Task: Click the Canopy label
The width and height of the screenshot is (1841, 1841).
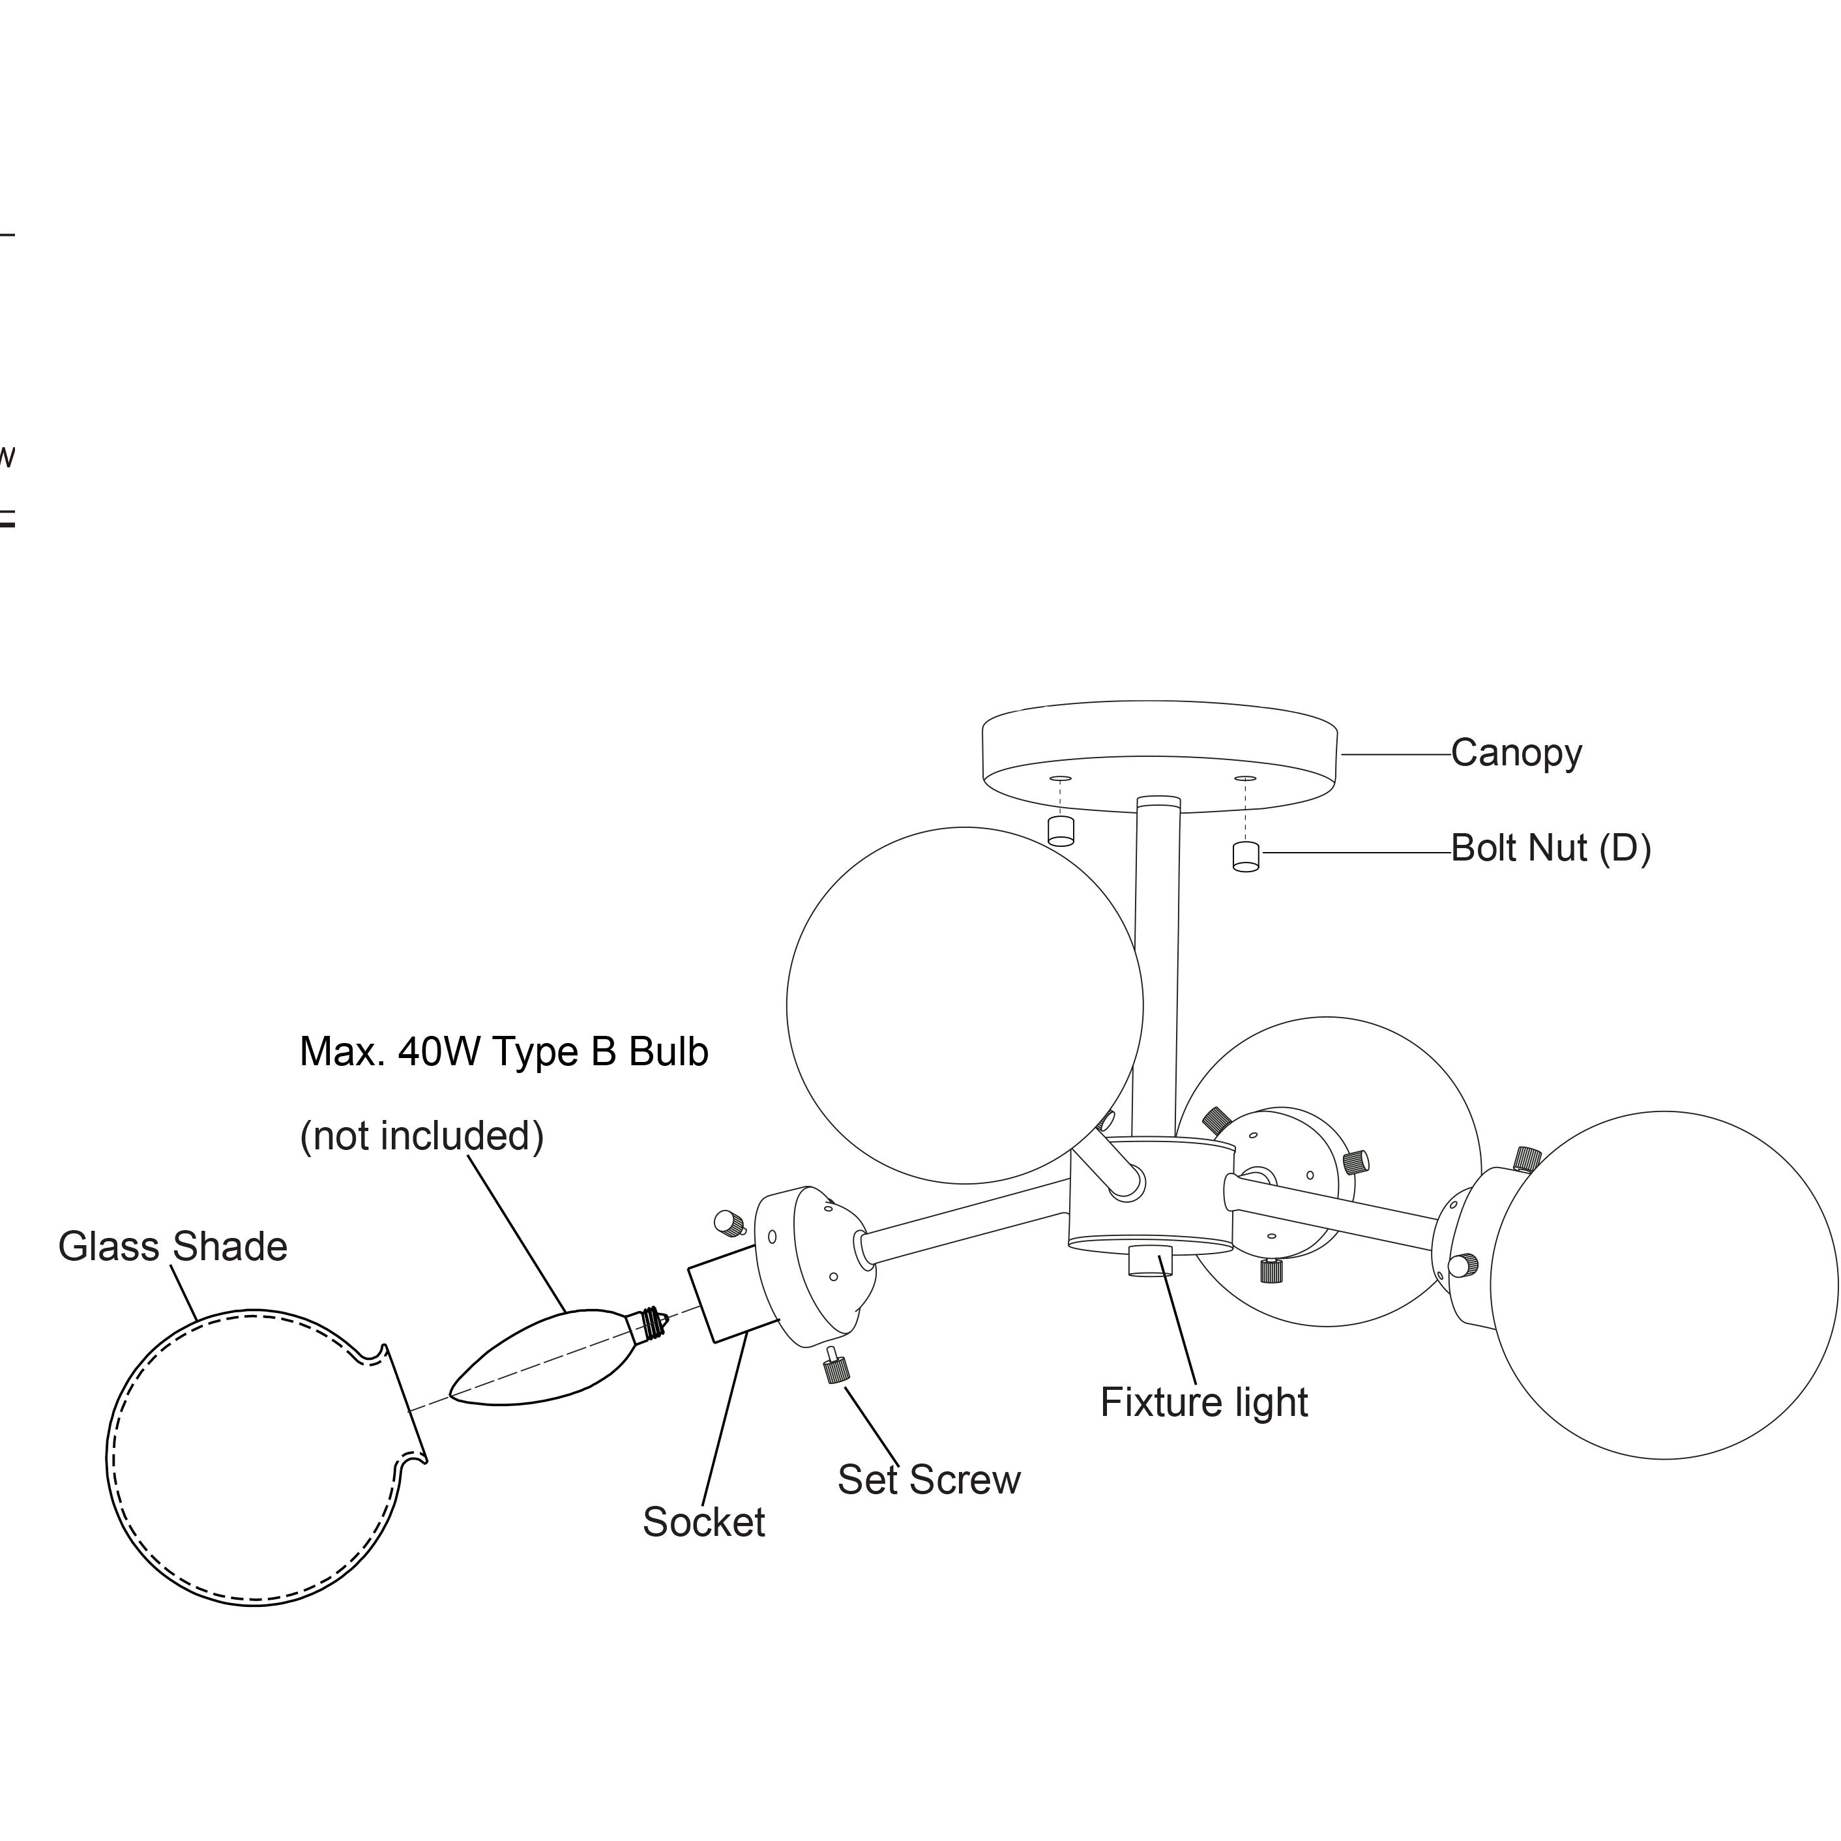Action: pyautogui.click(x=1516, y=754)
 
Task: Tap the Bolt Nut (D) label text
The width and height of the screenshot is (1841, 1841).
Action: pyautogui.click(x=1550, y=848)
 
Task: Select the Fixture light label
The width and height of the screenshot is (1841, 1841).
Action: pyautogui.click(x=1203, y=1403)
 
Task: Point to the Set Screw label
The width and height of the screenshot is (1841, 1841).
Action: pyautogui.click(x=928, y=1480)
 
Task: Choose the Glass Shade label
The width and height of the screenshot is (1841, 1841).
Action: pyautogui.click(x=173, y=1246)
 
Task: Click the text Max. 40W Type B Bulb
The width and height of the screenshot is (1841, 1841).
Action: pyautogui.click(x=503, y=1052)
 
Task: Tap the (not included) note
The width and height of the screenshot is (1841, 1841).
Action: pyautogui.click(x=421, y=1136)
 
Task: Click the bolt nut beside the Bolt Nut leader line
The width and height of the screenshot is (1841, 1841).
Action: pyautogui.click(x=1245, y=857)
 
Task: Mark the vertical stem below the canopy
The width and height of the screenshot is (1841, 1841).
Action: pyautogui.click(x=1156, y=962)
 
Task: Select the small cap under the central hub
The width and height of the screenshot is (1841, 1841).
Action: pyautogui.click(x=1149, y=1261)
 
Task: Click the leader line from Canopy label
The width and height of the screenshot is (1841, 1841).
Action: pyautogui.click(x=1395, y=755)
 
